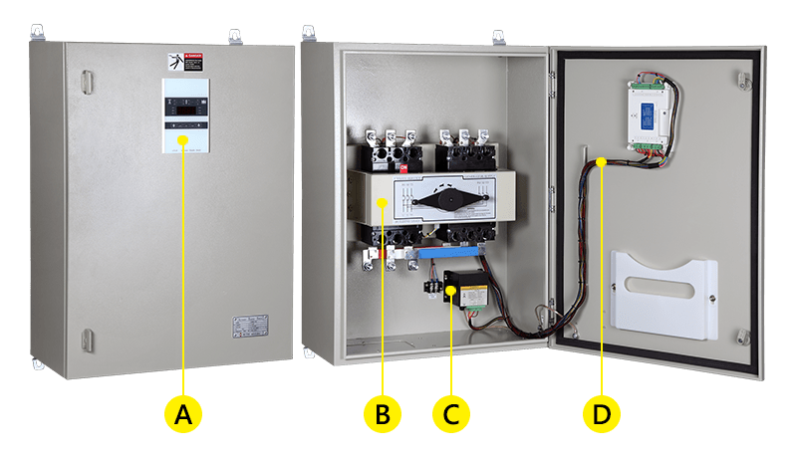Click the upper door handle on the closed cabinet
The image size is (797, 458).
pyautogui.click(x=86, y=78)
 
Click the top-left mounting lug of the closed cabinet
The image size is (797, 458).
pyautogui.click(x=43, y=37)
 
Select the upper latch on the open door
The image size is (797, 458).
pyautogui.click(x=742, y=78)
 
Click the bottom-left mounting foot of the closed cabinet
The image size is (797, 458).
pyautogui.click(x=40, y=363)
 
